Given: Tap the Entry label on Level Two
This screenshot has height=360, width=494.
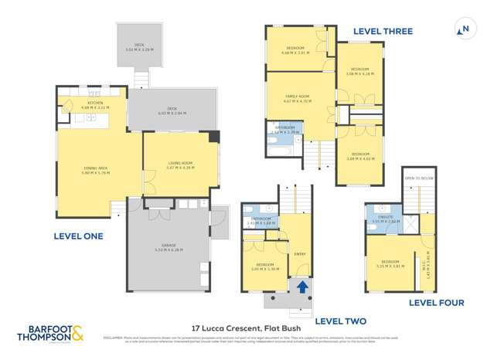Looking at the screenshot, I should click(x=301, y=253).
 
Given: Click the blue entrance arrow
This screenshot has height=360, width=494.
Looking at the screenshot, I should click(x=301, y=286).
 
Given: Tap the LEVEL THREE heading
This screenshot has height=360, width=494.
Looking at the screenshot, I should click(x=383, y=32).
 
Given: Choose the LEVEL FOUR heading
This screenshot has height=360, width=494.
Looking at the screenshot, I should click(x=435, y=302).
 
